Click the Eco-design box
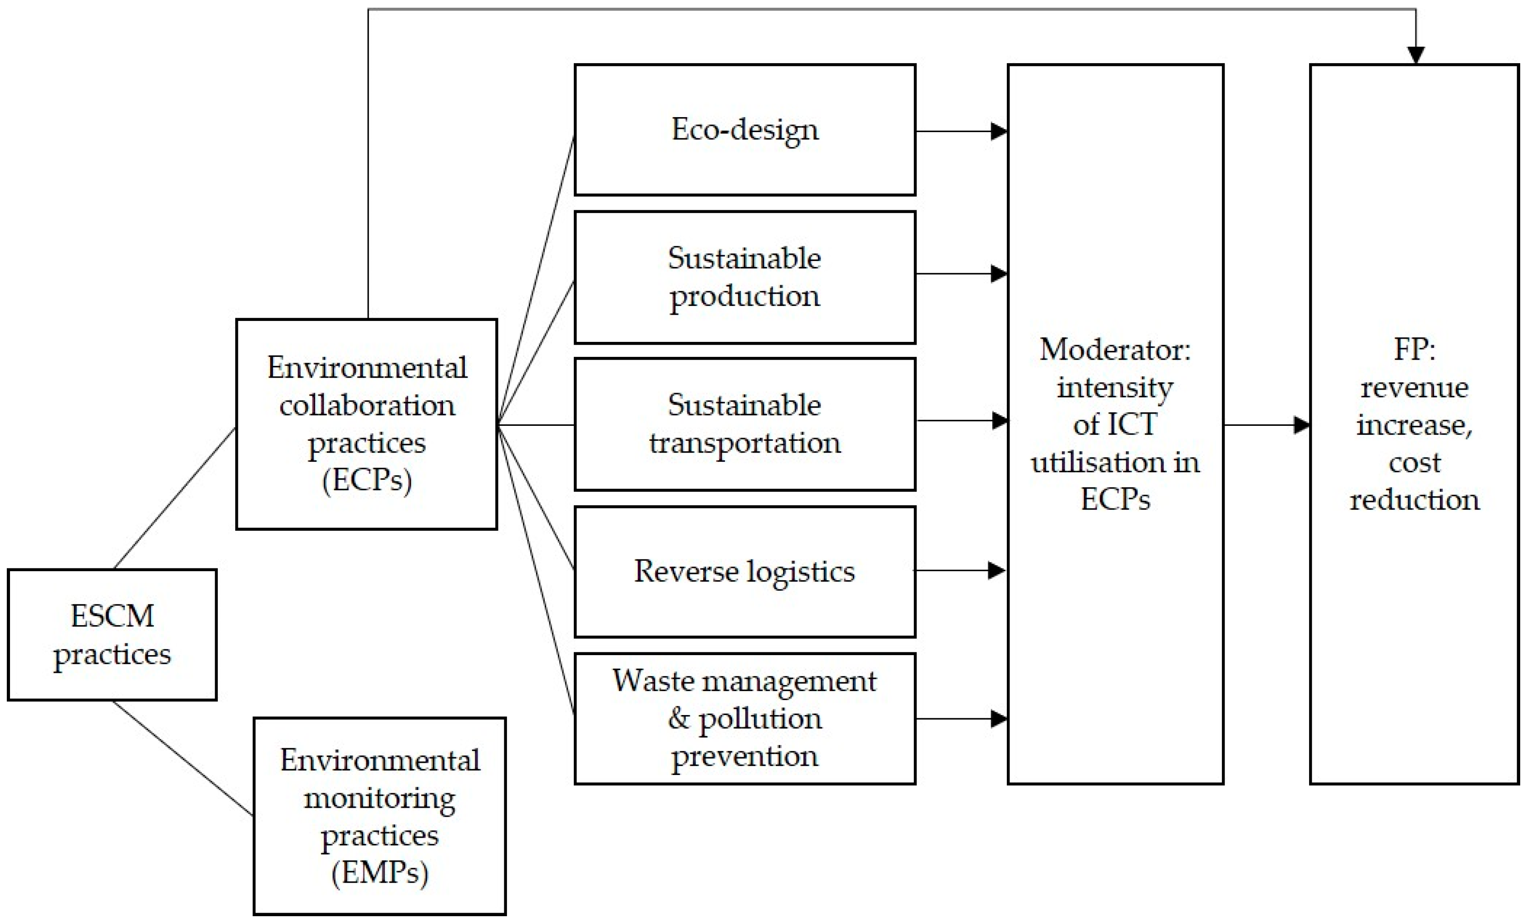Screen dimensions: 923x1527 pos(744,129)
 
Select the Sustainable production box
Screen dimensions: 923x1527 pos(744,277)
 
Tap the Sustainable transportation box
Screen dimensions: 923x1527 pos(744,424)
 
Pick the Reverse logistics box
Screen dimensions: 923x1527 pos(744,571)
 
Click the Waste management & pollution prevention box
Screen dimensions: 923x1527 pos(744,718)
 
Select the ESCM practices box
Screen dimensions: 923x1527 pos(112,635)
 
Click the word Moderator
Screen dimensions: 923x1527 pos(1114,350)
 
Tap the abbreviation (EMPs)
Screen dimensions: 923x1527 pos(380,873)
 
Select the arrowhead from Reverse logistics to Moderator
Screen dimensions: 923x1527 pos(996,570)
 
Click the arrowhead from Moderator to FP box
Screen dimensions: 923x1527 pos(1301,425)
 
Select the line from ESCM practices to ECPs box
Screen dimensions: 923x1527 pos(175,498)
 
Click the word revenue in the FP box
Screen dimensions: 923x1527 pos(1414,388)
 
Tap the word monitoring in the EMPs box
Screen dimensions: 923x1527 pos(380,799)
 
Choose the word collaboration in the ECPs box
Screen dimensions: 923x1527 pos(367,405)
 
